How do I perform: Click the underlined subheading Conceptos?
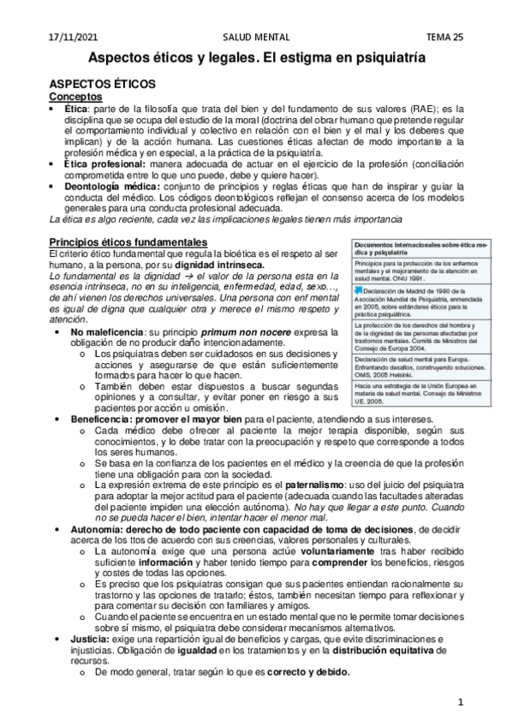(75, 98)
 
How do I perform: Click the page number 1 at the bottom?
(460, 703)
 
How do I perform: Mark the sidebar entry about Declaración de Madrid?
(411, 301)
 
